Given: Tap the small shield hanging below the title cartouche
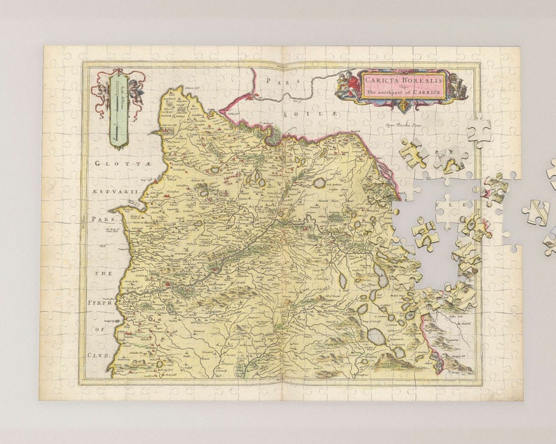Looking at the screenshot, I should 403,106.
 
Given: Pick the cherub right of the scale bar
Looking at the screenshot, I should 134,90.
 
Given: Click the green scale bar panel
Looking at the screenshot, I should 119,108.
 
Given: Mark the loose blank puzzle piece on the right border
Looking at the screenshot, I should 479,130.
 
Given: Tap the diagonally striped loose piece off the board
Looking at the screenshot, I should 537,212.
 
